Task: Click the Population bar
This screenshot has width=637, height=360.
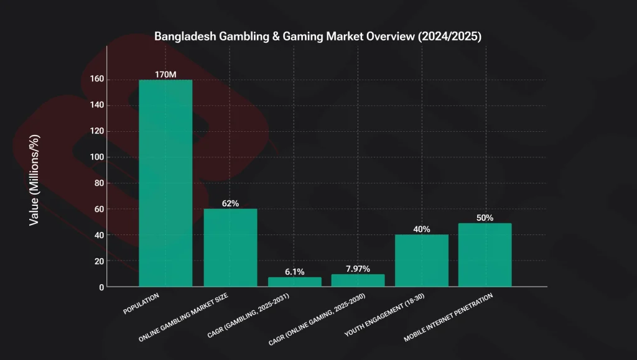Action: [165, 183]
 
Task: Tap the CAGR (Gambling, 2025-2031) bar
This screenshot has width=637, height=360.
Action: [295, 282]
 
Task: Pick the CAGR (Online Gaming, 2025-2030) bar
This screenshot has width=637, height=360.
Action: [358, 280]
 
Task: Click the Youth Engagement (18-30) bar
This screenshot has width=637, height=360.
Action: [421, 261]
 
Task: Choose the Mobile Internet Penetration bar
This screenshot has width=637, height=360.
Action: [485, 255]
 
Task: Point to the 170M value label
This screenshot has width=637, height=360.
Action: [165, 75]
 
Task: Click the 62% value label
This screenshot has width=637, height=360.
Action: [230, 203]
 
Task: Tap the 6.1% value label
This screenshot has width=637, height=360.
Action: [295, 272]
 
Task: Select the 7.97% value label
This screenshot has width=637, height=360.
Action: [358, 269]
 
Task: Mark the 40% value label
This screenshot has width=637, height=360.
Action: [421, 229]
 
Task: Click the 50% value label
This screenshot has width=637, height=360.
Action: [485, 218]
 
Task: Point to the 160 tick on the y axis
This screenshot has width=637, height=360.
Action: [96, 80]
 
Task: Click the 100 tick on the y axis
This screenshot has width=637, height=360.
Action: [96, 157]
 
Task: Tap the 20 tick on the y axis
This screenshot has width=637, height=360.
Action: [98, 261]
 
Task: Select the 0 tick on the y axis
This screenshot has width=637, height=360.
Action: [100, 287]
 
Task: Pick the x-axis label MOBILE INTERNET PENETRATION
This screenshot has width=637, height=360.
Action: [449, 318]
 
